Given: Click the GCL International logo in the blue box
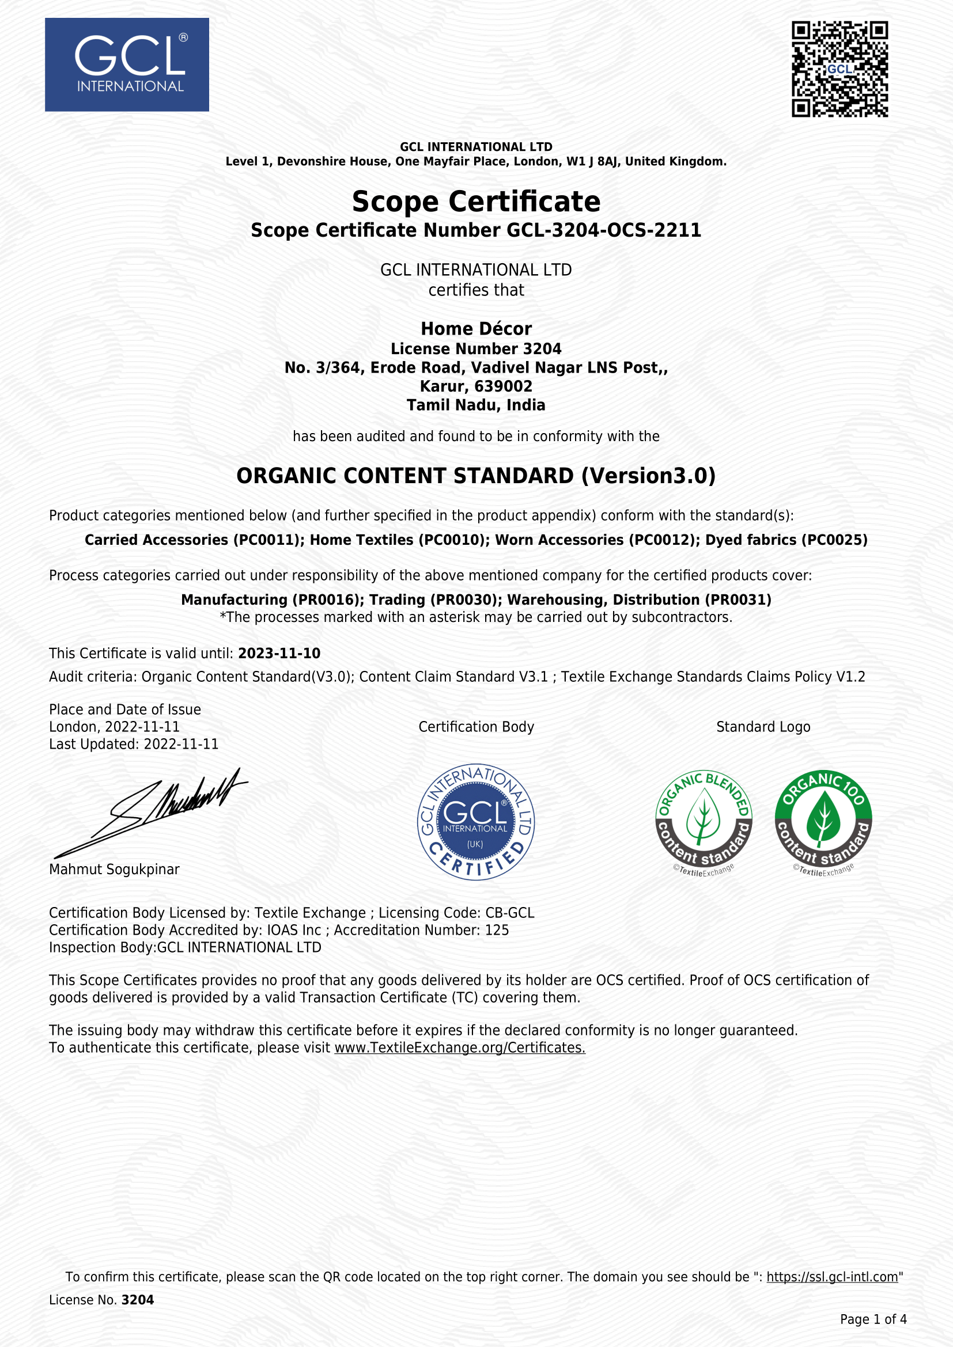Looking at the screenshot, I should (x=127, y=64).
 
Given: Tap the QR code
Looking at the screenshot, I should (x=839, y=69).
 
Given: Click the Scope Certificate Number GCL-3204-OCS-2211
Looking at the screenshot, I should (x=603, y=230).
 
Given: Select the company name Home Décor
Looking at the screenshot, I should (x=476, y=328).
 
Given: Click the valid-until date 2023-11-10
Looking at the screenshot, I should (x=279, y=654).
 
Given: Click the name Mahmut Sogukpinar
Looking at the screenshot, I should (x=115, y=870).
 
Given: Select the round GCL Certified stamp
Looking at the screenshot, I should (x=476, y=822).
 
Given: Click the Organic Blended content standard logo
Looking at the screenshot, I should (x=704, y=822).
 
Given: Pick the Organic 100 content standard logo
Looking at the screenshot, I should (x=823, y=822).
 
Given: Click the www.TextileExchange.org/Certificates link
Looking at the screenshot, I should (x=459, y=1048).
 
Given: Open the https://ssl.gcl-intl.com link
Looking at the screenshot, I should (x=832, y=1277).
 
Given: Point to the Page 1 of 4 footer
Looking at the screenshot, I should (x=873, y=1319).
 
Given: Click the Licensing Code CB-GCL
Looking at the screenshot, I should (x=509, y=913).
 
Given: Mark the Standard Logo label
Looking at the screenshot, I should (x=763, y=727).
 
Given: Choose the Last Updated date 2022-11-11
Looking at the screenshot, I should (x=181, y=745).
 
